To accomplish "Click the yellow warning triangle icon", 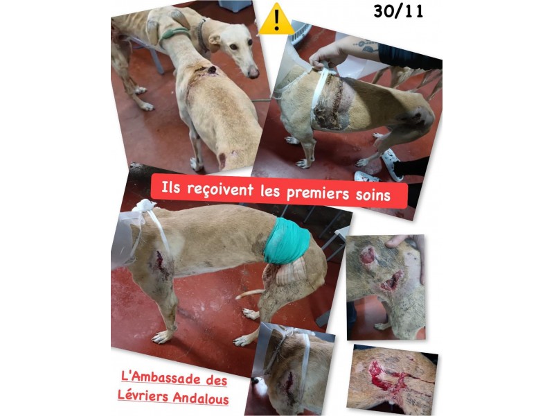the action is [276, 19].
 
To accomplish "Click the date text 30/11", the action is [398, 12].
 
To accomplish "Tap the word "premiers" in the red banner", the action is [318, 193].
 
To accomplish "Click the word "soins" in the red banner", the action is [373, 195].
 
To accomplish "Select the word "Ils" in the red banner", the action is [170, 187].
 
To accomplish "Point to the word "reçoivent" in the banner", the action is [220, 189].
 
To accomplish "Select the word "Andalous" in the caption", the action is [201, 398].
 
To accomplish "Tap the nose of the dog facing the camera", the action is [253, 73].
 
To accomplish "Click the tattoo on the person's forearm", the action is [366, 46].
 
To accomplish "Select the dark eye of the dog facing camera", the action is [233, 46].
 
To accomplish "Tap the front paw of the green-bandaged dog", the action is [160, 337].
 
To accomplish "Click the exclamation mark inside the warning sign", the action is [276, 20].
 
